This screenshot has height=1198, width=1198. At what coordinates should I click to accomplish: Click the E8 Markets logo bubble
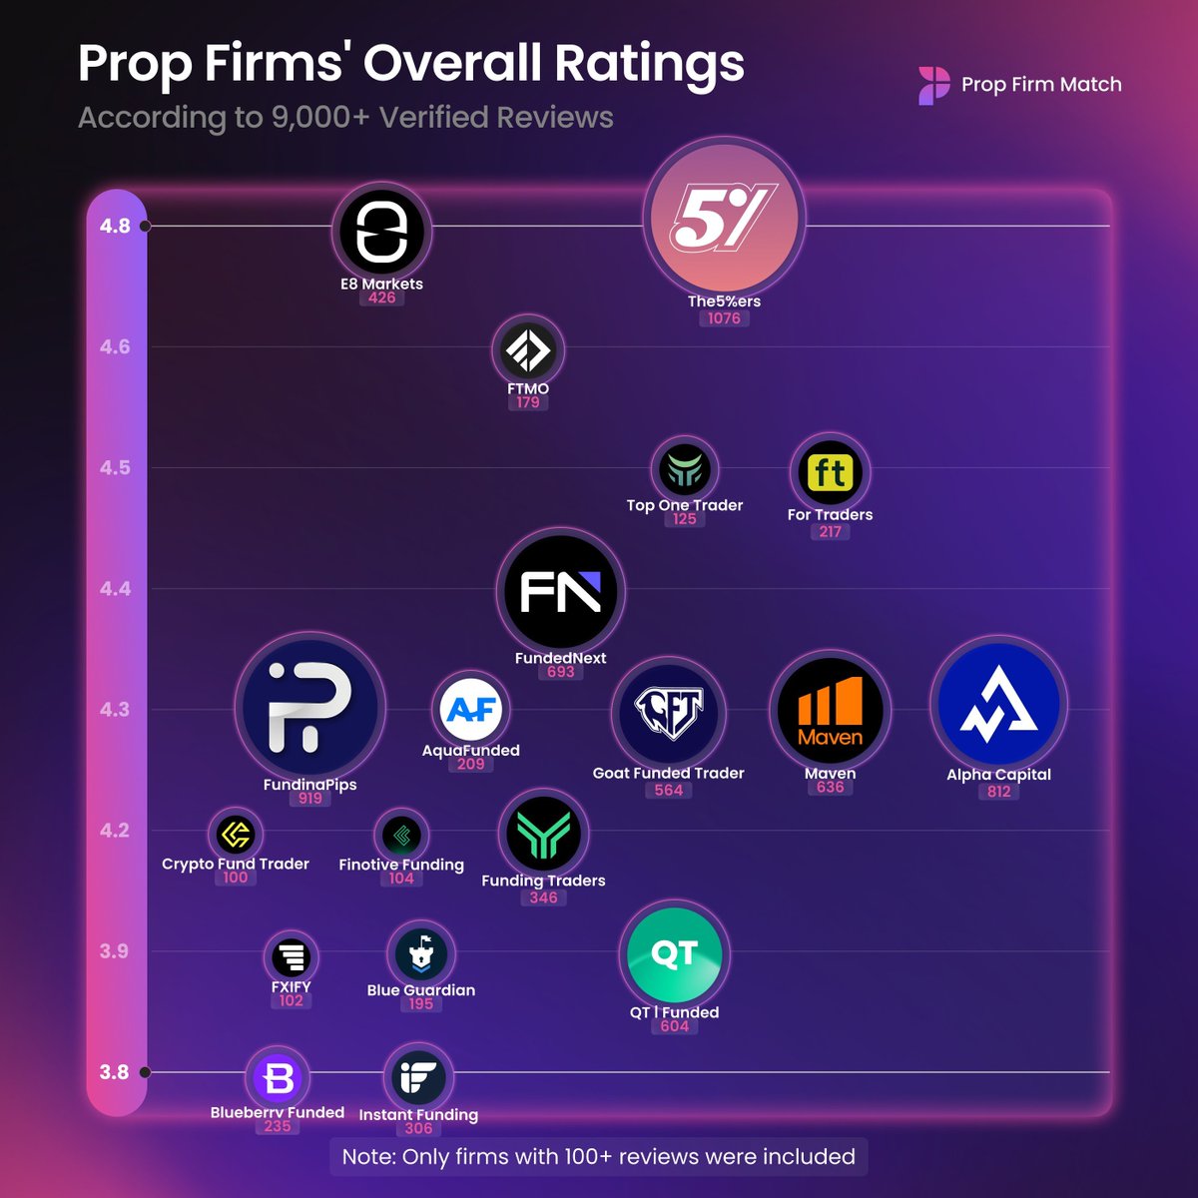[381, 232]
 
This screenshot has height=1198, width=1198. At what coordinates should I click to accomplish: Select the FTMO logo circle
[527, 350]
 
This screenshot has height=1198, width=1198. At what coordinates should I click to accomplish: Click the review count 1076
[724, 318]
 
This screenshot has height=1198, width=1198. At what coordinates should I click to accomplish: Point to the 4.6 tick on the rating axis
[115, 346]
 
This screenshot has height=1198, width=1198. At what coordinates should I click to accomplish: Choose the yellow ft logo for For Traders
[830, 472]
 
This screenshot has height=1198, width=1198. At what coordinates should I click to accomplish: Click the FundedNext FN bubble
[560, 591]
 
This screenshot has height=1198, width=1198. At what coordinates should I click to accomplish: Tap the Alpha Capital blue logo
[998, 705]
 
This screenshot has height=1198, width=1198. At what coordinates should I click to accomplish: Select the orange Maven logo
[830, 711]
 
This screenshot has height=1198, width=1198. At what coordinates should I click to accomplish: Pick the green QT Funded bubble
[674, 954]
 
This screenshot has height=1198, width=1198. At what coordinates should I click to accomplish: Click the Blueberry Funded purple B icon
[278, 1078]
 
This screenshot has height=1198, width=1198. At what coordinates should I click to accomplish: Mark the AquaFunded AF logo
[471, 709]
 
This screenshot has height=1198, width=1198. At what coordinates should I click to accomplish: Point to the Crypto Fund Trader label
[236, 864]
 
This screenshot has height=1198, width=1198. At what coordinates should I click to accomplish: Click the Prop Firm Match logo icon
[934, 86]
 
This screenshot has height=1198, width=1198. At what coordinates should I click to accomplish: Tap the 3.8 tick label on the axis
[115, 1072]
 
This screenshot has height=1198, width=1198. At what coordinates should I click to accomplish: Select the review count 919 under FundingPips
[310, 799]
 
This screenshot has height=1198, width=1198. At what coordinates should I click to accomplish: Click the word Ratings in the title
[649, 64]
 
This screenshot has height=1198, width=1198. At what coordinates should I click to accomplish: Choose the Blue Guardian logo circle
[420, 953]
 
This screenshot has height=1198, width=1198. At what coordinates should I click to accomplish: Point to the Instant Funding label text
[418, 1114]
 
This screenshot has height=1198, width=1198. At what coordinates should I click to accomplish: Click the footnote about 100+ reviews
[598, 1156]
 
